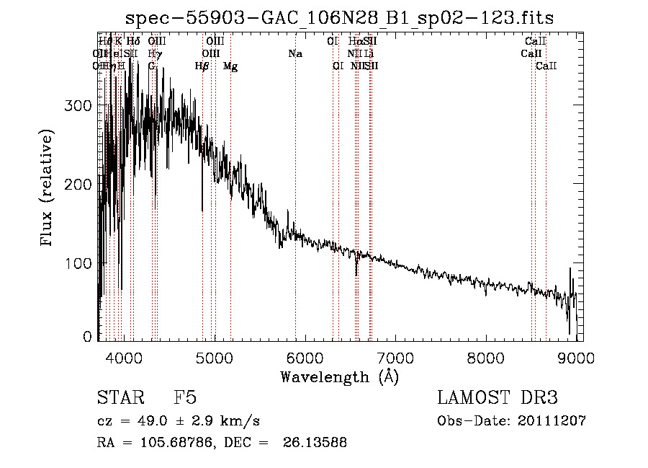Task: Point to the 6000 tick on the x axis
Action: (x=305, y=357)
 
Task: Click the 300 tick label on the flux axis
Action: (x=79, y=106)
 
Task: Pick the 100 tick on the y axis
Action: (x=79, y=263)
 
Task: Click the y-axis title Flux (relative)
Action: (x=48, y=189)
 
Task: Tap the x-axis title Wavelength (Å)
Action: (x=339, y=376)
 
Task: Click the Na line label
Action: (x=294, y=54)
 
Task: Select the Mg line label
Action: (x=230, y=66)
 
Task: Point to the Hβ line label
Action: (x=202, y=66)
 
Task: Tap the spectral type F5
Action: (x=185, y=398)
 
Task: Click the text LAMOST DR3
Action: (x=498, y=398)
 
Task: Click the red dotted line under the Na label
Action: (x=295, y=180)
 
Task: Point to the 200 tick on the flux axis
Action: (x=79, y=185)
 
